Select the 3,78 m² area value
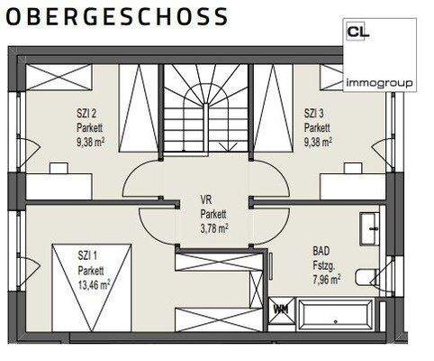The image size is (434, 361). tap(214, 228)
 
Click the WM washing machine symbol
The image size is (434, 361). tap(280, 310)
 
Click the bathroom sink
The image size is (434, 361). tap(369, 229)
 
